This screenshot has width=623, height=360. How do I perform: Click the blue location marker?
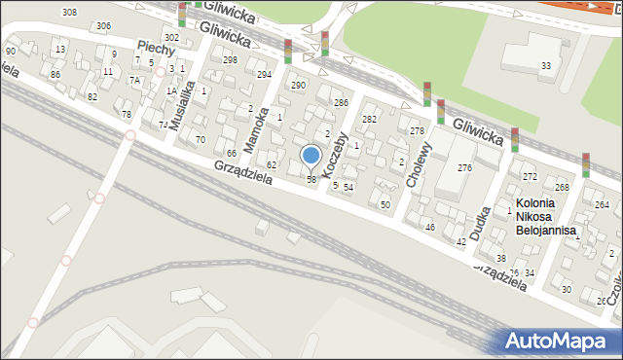pyautogui.click(x=311, y=155)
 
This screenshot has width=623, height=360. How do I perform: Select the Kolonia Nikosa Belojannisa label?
pyautogui.click(x=546, y=217)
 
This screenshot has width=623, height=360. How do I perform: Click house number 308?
pyautogui.click(x=69, y=12)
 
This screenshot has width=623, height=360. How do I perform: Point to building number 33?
pyautogui.click(x=546, y=66)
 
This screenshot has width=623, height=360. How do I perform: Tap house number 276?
pyautogui.click(x=465, y=168)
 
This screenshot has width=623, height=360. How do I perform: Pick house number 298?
pyautogui.click(x=230, y=60)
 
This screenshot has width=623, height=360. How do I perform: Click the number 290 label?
pyautogui.click(x=299, y=86)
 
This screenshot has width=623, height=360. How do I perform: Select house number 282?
pyautogui.click(x=370, y=119)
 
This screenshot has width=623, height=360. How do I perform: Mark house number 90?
pyautogui.click(x=11, y=51)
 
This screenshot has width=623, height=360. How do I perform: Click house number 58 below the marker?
pyautogui.click(x=311, y=180)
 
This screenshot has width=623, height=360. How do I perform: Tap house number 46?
pyautogui.click(x=430, y=227)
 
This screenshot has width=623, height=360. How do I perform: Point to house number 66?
pyautogui.click(x=232, y=154)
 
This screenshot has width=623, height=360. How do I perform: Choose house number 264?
pyautogui.click(x=603, y=205)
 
